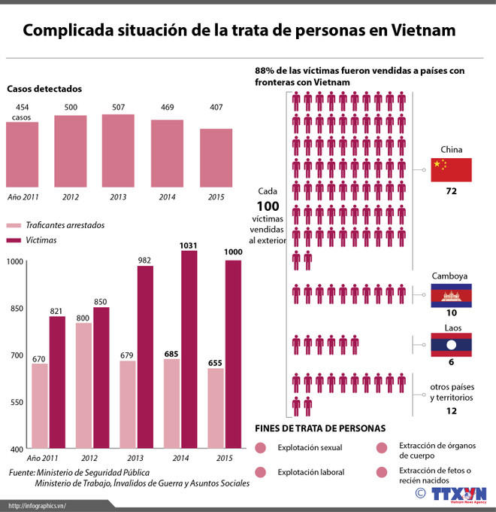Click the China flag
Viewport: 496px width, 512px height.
451,169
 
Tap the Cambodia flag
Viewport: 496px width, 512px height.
451,294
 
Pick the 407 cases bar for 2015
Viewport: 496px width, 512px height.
216,159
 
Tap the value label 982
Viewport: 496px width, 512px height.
144,260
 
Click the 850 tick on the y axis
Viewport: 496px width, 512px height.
14,308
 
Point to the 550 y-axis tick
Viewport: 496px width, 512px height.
14,402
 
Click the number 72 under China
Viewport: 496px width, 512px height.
451,191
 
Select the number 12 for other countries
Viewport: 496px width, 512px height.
451,410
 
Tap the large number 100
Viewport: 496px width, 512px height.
268,206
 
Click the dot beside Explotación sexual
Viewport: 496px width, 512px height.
262,448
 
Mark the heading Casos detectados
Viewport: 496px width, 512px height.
44,89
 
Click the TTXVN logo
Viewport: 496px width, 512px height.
458,494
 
